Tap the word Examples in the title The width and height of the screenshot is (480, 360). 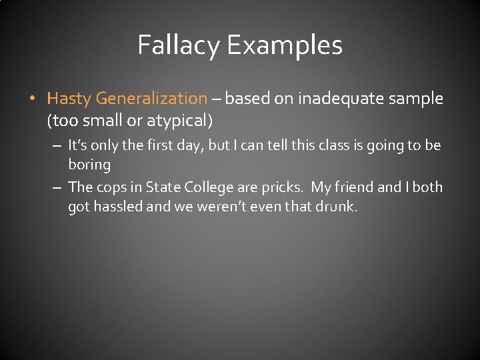284,45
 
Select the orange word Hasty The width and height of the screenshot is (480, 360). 69,99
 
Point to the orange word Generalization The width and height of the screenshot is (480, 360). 151,99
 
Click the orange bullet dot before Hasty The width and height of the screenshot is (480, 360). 31,99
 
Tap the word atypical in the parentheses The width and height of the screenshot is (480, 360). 181,121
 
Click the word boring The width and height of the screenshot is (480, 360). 89,164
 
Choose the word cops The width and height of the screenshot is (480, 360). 113,187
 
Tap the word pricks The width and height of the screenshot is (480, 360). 281,187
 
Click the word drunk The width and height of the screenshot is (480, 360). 338,207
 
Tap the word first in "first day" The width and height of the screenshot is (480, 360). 139,145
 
